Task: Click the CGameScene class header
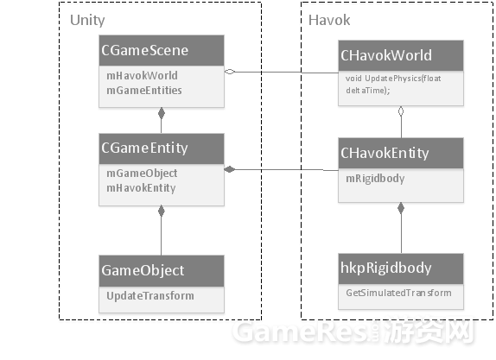[x=144, y=51]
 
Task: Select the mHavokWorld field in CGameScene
[x=136, y=76]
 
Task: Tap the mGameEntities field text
[x=138, y=90]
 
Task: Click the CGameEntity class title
[x=144, y=148]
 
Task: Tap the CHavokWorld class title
[x=386, y=57]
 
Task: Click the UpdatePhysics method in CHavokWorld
[x=391, y=84]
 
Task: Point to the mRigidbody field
[x=375, y=178]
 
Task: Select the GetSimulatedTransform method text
[x=398, y=293]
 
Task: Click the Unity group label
[x=87, y=19]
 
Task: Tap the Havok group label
[x=329, y=19]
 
